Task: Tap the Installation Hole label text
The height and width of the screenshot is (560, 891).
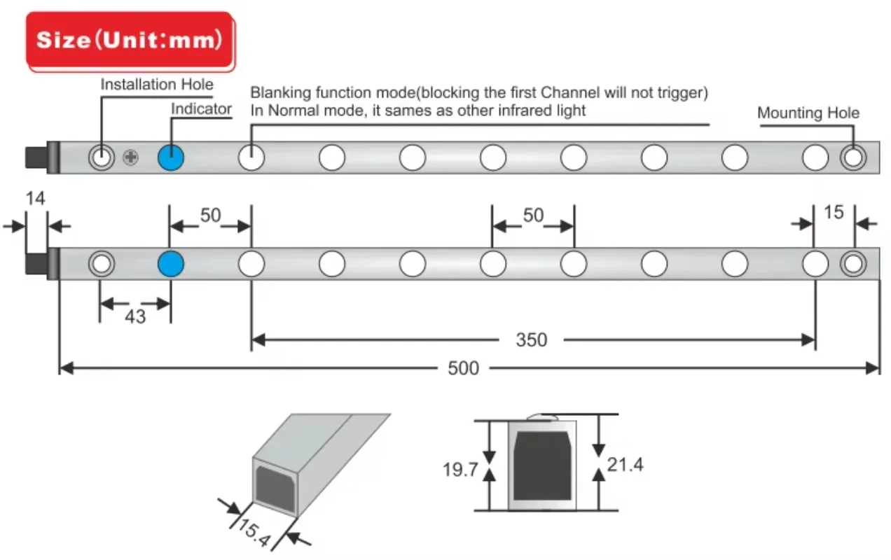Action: tap(157, 85)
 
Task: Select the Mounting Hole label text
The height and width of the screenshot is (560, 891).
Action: tap(808, 113)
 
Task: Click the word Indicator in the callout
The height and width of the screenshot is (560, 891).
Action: tap(201, 108)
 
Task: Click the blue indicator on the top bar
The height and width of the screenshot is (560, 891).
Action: tap(170, 158)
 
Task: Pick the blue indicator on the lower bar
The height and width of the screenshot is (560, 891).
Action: tap(170, 264)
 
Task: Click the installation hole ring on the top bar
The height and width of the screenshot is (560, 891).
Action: tap(102, 158)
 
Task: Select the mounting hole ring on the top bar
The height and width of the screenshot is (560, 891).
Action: tap(852, 158)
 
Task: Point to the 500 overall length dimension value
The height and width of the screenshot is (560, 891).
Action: tap(463, 368)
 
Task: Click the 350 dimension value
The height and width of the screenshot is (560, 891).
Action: tap(531, 340)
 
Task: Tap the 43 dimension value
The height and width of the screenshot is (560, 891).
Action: tap(134, 317)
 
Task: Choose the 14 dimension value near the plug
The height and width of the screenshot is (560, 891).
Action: tap(35, 199)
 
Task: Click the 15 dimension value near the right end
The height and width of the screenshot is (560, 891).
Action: tap(834, 211)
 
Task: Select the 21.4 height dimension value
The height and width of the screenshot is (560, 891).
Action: tap(625, 464)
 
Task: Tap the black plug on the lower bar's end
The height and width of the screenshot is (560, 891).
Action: tap(35, 265)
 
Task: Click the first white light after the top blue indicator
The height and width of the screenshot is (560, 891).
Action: tap(251, 158)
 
